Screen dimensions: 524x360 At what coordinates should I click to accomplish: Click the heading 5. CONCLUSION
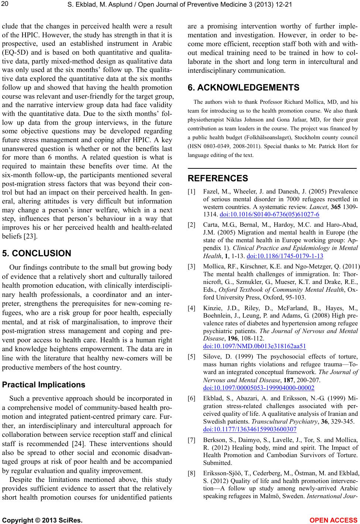coord(37,253)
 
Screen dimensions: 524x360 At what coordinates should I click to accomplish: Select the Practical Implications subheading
coord(44,384)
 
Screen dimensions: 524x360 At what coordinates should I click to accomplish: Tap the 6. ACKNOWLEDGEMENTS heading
coord(244,88)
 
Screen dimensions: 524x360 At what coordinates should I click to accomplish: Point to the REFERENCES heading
coord(218,178)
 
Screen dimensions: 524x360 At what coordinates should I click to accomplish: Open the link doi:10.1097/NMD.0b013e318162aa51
coord(254,346)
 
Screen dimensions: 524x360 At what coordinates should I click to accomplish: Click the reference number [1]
coord(192,191)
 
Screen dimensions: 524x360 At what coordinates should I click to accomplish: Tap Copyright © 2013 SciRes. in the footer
coord(42,520)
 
